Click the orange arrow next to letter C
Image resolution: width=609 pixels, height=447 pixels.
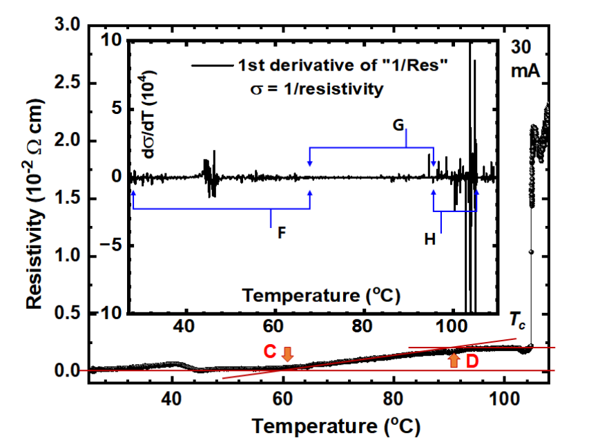coord(287,353)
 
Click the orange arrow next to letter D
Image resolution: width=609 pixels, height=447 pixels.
coord(454,360)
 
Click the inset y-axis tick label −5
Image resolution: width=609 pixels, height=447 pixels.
coord(113,245)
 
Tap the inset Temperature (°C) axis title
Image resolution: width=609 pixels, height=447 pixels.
coord(321,296)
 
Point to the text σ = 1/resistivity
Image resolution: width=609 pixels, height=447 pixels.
coord(315,89)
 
